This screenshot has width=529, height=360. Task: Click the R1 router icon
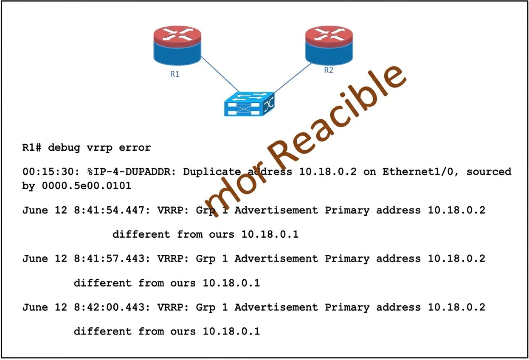(177, 45)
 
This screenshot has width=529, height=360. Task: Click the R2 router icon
(329, 45)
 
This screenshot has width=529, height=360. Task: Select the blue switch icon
(249, 104)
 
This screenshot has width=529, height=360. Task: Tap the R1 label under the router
(175, 74)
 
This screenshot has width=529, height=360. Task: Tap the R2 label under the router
(329, 70)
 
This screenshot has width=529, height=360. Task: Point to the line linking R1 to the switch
(220, 74)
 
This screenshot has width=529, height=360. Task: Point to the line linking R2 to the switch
(293, 78)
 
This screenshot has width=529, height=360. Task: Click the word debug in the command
(64, 148)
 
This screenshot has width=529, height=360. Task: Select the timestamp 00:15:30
(51, 172)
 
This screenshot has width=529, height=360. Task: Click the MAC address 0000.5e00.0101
(87, 186)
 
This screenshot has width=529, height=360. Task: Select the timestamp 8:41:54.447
(112, 210)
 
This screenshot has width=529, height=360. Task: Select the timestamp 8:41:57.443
(112, 259)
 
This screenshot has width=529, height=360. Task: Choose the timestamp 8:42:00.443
(112, 307)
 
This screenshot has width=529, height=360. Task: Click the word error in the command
(135, 148)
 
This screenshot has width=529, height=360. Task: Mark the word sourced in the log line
(489, 172)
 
